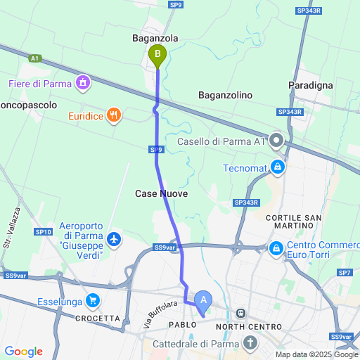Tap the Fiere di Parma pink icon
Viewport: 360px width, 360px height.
tap(84, 84)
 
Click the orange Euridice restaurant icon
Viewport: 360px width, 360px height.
tap(115, 115)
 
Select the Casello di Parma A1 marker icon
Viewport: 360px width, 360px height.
tap(277, 141)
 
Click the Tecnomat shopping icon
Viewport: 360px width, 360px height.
tap(278, 167)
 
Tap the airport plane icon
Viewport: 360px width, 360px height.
tap(114, 240)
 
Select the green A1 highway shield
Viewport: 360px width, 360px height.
tap(34, 58)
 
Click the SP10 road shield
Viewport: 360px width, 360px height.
tap(42, 231)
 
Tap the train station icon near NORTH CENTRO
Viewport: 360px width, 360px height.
tap(241, 313)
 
